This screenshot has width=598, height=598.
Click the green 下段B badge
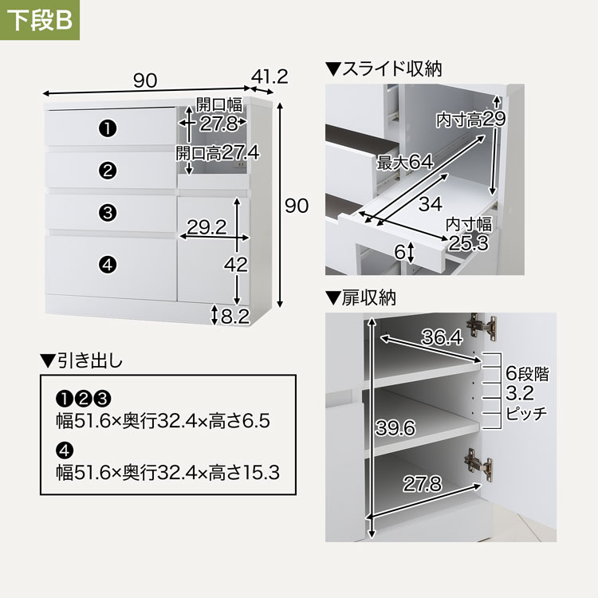click(x=40, y=20)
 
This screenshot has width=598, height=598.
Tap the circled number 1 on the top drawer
click(x=108, y=128)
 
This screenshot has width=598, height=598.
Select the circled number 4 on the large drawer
click(x=108, y=264)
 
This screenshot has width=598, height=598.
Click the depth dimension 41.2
click(x=269, y=77)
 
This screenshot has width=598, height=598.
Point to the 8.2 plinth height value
click(x=235, y=317)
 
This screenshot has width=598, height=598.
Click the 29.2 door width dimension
click(x=207, y=227)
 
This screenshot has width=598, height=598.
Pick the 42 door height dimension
click(x=236, y=264)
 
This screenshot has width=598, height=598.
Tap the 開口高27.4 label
click(x=218, y=153)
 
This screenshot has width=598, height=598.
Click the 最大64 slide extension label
click(x=405, y=162)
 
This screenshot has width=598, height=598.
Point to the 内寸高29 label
click(x=471, y=120)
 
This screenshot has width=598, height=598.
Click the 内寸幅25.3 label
click(x=469, y=234)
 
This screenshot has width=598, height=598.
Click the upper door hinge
click(x=482, y=326)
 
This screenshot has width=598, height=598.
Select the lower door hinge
click(x=478, y=462)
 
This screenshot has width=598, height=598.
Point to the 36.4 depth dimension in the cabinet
click(x=442, y=337)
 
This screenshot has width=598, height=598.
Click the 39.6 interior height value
click(x=395, y=428)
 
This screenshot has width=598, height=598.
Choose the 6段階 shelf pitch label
click(x=528, y=373)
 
